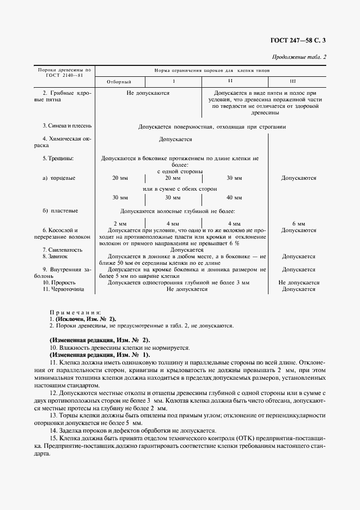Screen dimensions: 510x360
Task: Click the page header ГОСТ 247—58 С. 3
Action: [301, 39]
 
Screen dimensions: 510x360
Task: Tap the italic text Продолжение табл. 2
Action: [299, 57]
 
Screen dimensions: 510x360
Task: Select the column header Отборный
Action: [119, 81]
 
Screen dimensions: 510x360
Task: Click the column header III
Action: [292, 81]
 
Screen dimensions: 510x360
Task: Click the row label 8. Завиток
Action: [55, 256]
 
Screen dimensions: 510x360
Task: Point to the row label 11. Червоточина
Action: [63, 289]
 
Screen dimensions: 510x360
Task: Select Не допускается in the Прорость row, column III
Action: [298, 282]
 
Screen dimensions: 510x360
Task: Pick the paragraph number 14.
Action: [53, 430]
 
